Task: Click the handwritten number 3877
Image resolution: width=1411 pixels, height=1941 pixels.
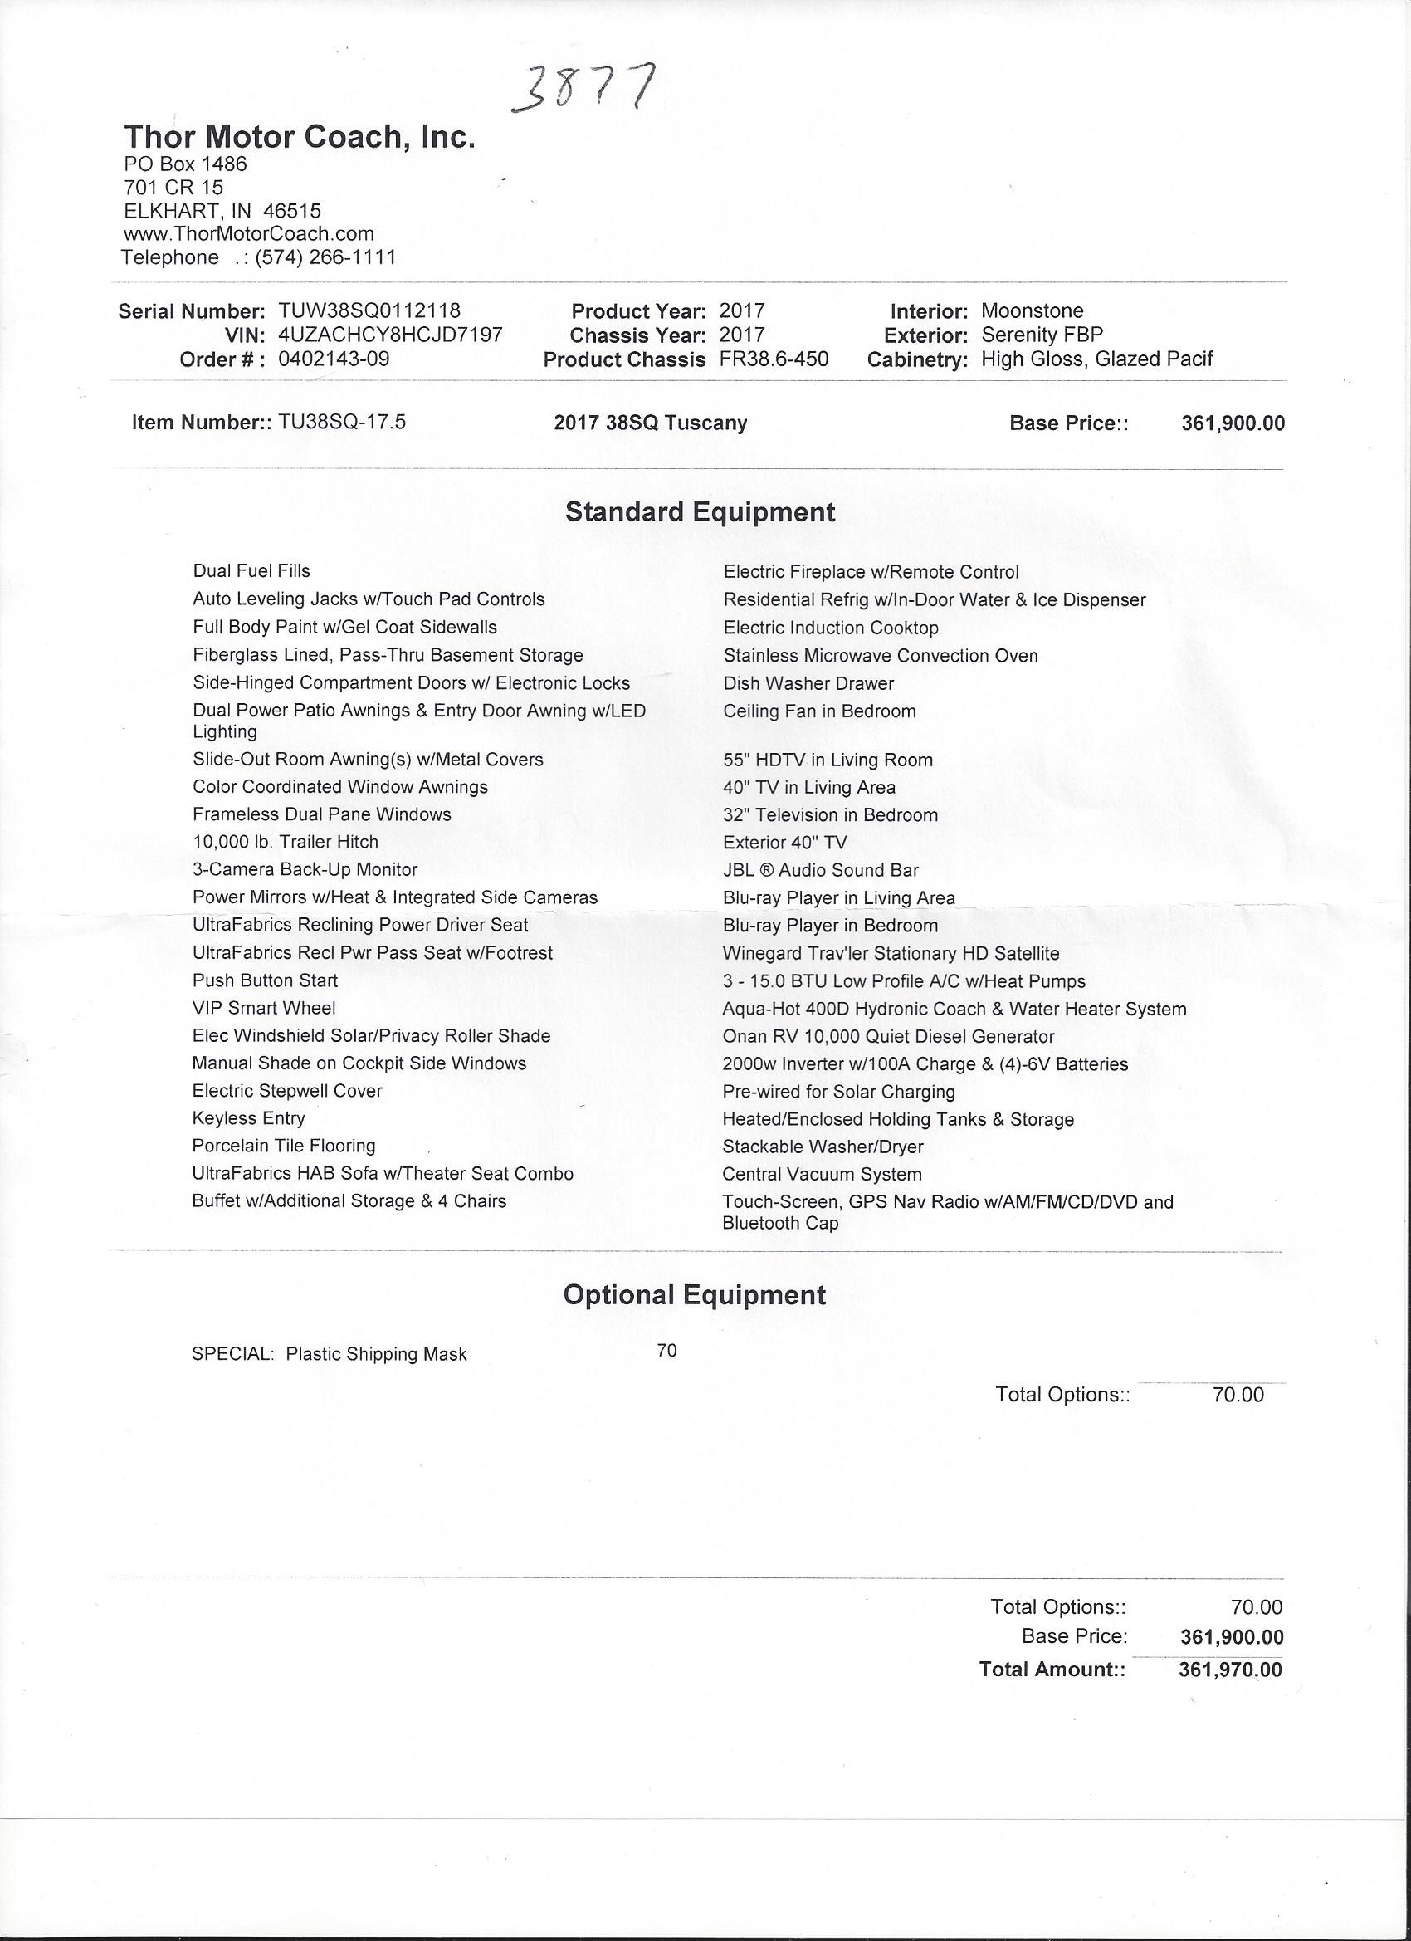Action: [x=584, y=88]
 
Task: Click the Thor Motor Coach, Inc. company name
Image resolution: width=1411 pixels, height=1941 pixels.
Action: [x=300, y=137]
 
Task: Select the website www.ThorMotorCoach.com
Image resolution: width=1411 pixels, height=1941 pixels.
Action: [x=249, y=233]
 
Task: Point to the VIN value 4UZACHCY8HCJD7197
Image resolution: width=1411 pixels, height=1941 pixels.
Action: [x=390, y=335]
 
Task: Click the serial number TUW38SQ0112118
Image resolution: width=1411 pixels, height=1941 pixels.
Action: [x=369, y=310]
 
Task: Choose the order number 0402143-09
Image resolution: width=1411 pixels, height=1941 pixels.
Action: [x=334, y=359]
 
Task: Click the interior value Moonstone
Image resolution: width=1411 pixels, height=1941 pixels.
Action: [x=1032, y=310]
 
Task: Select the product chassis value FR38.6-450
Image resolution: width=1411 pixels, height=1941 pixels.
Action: [x=774, y=359]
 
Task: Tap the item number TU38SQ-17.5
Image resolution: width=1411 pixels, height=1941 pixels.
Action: [x=341, y=422]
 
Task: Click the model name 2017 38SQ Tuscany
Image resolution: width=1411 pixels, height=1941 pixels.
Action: [x=651, y=423]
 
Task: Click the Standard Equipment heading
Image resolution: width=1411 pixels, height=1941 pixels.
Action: [x=700, y=511]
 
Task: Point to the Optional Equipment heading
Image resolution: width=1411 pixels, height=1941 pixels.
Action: [x=694, y=1294]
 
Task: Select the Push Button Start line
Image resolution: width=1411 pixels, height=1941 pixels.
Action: [x=266, y=980]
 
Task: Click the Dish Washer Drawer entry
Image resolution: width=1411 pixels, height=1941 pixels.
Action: [x=808, y=683]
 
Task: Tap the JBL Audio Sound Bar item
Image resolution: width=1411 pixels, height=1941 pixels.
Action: [x=821, y=870]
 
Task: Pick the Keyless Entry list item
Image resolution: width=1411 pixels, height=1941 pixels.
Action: [x=248, y=1117]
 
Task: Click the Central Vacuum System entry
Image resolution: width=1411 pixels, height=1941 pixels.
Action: [x=823, y=1174]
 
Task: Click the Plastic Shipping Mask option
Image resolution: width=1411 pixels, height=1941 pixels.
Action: [x=377, y=1354]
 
